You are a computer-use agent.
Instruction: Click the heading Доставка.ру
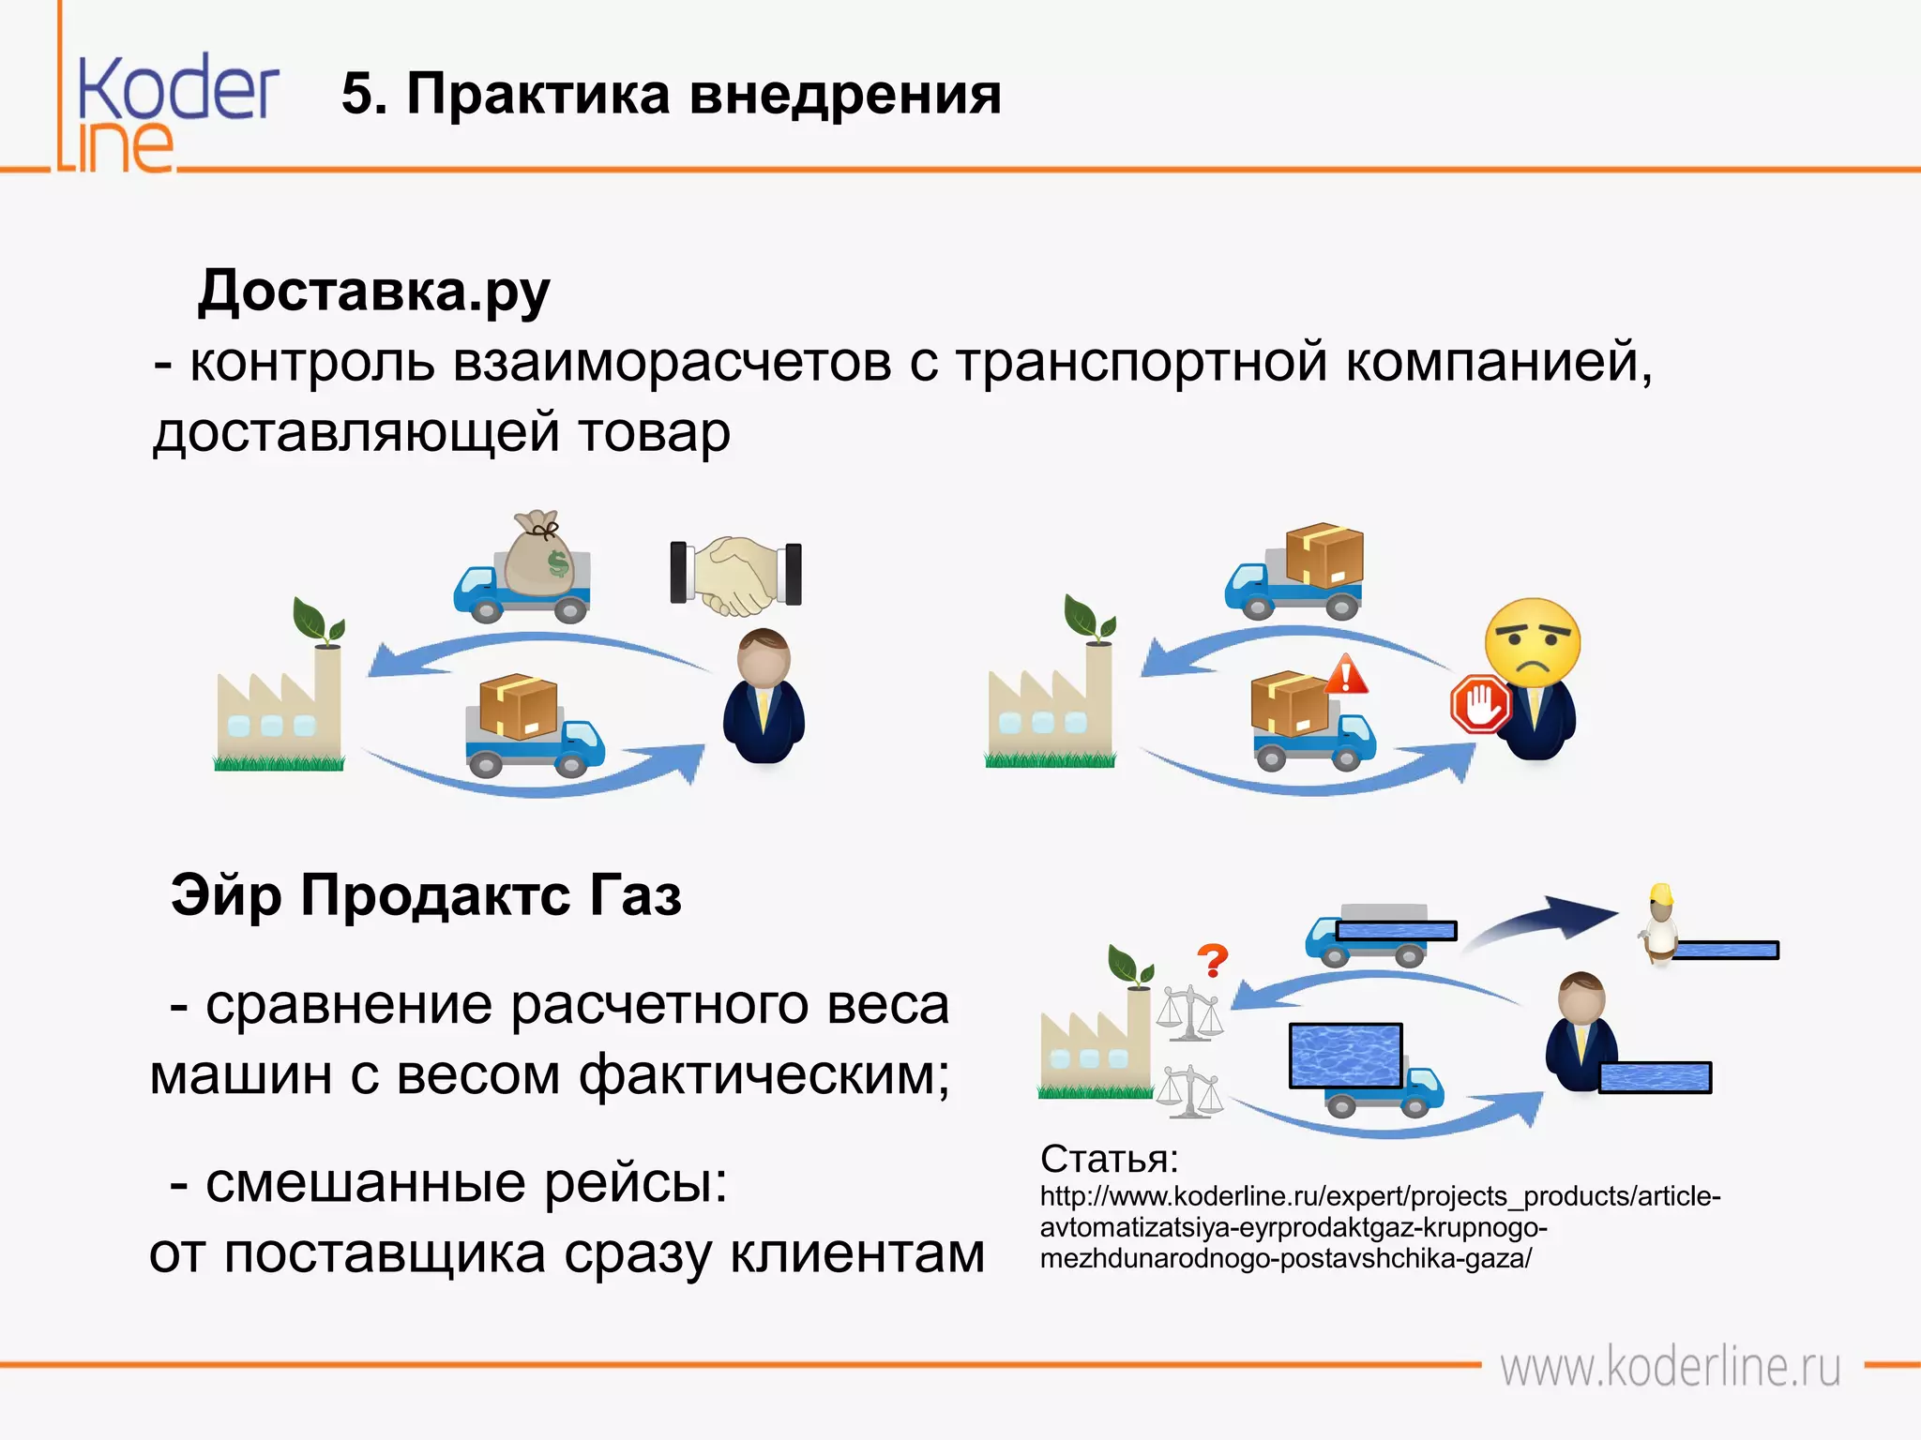(x=373, y=292)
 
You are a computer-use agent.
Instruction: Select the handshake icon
(x=736, y=575)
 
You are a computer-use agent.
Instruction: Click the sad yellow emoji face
(x=1532, y=642)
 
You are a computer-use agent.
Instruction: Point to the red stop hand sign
(x=1480, y=704)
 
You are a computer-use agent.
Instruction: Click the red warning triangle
(x=1347, y=674)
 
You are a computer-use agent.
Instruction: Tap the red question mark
(x=1212, y=961)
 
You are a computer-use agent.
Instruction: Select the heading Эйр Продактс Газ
(x=425, y=895)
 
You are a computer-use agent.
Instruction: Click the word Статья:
(x=1109, y=1160)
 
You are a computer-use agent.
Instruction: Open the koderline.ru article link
(x=1379, y=1227)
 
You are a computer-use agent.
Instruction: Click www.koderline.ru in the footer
(x=1670, y=1367)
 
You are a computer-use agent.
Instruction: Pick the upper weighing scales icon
(x=1188, y=1012)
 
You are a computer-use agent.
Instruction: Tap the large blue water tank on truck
(x=1345, y=1056)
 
